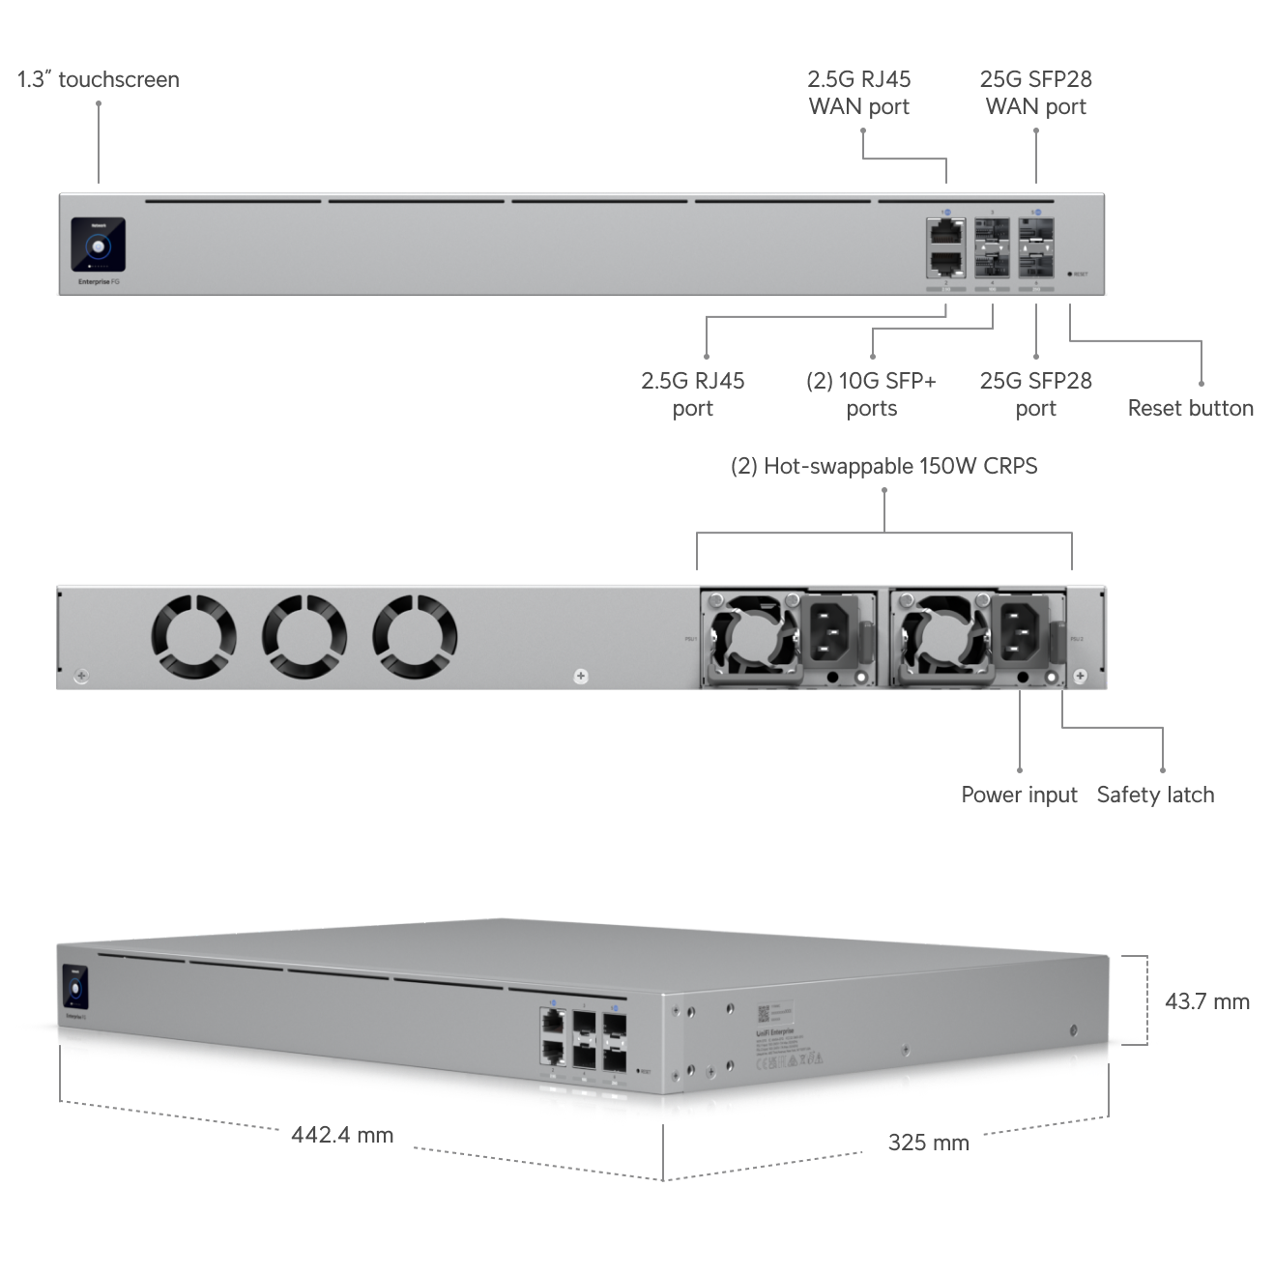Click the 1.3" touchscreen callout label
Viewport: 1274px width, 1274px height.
99,79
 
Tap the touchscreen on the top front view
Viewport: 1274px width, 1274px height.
98,244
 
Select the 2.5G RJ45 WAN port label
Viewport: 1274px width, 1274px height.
859,93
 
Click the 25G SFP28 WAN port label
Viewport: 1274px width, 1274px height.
1035,93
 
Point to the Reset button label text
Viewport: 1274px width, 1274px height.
1190,408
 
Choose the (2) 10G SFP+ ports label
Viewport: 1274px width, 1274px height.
871,394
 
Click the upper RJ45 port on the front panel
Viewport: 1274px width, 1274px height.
944,231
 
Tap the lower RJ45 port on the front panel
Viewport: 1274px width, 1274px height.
944,263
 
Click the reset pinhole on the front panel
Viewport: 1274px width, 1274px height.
1070,275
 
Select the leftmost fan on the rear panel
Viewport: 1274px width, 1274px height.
194,635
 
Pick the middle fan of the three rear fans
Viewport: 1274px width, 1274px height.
304,635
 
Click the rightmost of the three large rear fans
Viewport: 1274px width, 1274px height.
415,635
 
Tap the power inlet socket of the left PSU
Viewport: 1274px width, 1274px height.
828,633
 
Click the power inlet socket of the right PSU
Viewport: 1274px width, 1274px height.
1021,633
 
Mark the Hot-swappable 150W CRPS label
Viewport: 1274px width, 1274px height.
883,466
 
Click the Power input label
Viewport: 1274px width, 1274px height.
1019,795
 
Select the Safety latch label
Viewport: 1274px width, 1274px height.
1155,795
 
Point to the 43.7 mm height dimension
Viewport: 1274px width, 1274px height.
1206,1001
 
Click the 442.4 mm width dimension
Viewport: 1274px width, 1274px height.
342,1135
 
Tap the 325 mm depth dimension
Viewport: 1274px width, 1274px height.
928,1143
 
